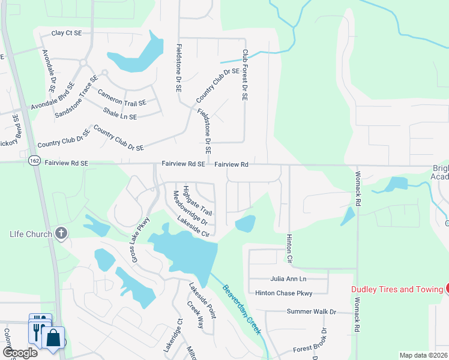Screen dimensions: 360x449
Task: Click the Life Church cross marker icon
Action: pos(61,233)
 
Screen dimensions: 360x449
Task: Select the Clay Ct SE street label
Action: pos(66,34)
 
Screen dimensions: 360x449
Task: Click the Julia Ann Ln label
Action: pos(288,279)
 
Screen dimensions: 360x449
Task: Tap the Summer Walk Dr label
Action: pos(312,312)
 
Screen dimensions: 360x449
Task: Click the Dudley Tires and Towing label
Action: pos(397,290)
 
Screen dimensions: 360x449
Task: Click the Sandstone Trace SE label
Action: pos(76,97)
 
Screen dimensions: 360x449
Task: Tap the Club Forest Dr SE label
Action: pos(245,75)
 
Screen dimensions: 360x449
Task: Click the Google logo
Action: pos(20,353)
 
